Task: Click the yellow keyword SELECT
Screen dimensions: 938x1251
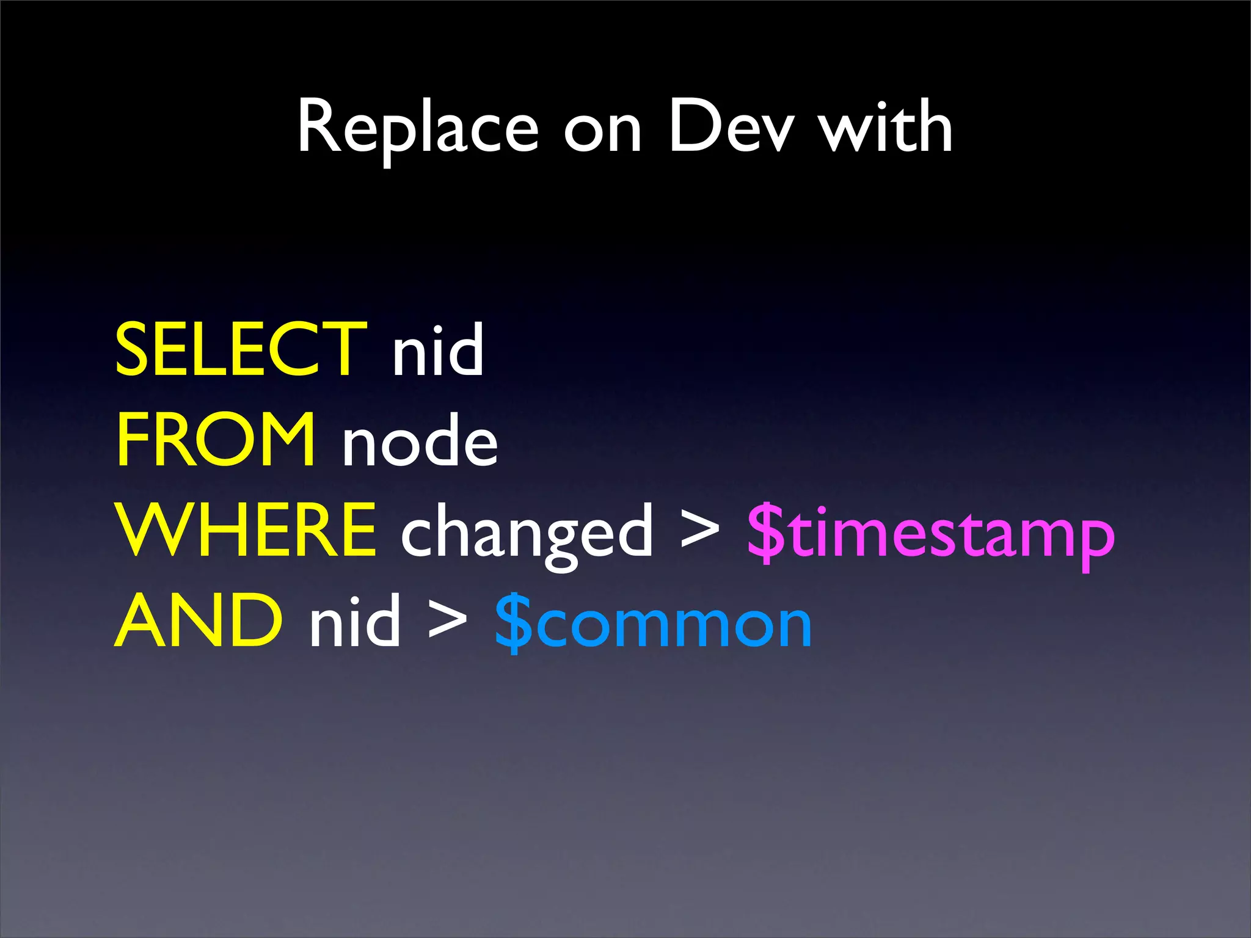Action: pyautogui.click(x=241, y=349)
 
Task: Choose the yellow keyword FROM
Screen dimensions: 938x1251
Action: pyautogui.click(x=216, y=440)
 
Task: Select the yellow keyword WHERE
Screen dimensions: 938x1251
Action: pyautogui.click(x=247, y=530)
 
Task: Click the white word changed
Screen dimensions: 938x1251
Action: pyautogui.click(x=527, y=535)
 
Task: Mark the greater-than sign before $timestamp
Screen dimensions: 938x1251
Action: pyautogui.click(x=700, y=530)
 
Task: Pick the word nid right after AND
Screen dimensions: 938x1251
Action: pyautogui.click(x=355, y=622)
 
